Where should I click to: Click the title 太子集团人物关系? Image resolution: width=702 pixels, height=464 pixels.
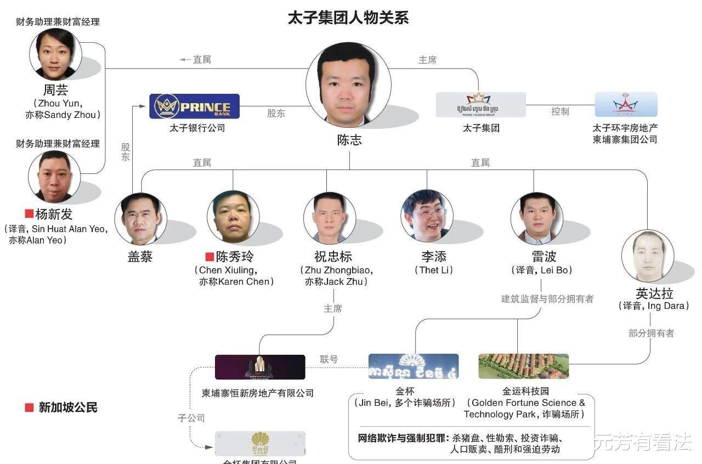pyautogui.click(x=348, y=18)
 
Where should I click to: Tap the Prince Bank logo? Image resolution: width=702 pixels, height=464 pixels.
pyautogui.click(x=195, y=106)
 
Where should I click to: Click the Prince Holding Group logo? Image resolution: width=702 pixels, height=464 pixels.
pyautogui.click(x=480, y=104)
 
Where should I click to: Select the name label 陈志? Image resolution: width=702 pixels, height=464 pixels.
pyautogui.click(x=349, y=140)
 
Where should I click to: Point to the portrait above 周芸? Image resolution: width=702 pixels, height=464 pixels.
pyautogui.click(x=55, y=55)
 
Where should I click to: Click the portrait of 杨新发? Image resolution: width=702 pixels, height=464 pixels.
pyautogui.click(x=54, y=177)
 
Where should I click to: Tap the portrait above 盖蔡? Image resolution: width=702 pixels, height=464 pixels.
pyautogui.click(x=140, y=218)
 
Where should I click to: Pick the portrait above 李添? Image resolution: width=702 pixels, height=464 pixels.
pyautogui.click(x=427, y=216)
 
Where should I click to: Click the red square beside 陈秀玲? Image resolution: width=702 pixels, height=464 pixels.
pyautogui.click(x=209, y=257)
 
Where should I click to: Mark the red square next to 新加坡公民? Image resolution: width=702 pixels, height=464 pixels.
pyautogui.click(x=29, y=408)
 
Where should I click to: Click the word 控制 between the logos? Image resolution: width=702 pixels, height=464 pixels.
pyautogui.click(x=560, y=111)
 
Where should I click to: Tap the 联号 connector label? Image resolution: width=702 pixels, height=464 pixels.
pyautogui.click(x=329, y=360)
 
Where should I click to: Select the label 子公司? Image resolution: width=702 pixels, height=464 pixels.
pyautogui.click(x=191, y=418)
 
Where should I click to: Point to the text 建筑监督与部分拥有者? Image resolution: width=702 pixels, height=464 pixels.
pyautogui.click(x=547, y=299)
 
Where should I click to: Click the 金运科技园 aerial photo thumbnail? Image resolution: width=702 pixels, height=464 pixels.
pyautogui.click(x=523, y=366)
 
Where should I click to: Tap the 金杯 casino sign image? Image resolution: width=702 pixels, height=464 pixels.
pyautogui.click(x=414, y=366)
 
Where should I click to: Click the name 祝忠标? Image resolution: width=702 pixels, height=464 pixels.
pyautogui.click(x=333, y=257)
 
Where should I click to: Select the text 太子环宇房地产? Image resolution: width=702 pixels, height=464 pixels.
pyautogui.click(x=625, y=128)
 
